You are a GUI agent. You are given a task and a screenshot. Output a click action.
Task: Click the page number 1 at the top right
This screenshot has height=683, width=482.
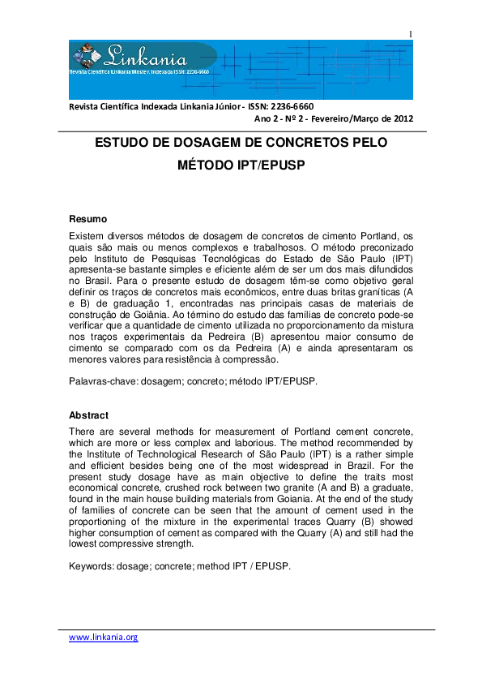[x=411, y=33]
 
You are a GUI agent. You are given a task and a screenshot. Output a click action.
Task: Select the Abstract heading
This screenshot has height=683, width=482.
[x=88, y=415]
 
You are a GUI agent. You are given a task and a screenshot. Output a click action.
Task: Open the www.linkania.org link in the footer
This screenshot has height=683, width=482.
[x=104, y=638]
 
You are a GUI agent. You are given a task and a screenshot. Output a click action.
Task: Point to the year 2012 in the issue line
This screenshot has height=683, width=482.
[x=400, y=118]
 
